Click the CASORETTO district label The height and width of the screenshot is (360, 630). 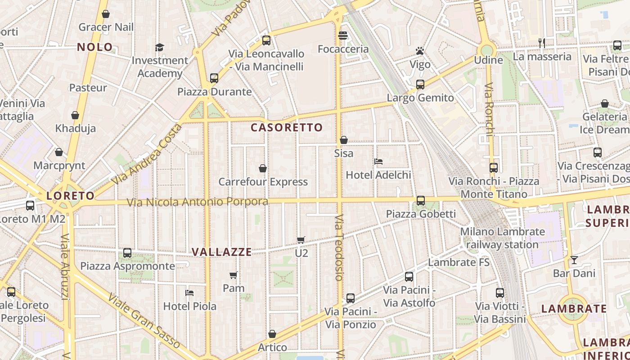click(x=287, y=127)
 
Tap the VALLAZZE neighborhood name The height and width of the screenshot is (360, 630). click(x=222, y=252)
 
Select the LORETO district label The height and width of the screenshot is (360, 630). click(x=71, y=196)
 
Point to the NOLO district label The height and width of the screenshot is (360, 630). click(x=95, y=47)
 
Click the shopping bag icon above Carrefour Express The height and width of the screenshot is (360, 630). click(x=263, y=168)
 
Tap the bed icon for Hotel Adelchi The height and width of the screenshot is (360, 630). click(x=378, y=162)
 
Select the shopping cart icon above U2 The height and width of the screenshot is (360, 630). click(x=301, y=240)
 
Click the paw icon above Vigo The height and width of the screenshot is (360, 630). click(x=420, y=51)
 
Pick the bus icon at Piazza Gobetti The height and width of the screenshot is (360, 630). click(x=421, y=200)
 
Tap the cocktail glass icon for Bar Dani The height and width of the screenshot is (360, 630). click(x=574, y=260)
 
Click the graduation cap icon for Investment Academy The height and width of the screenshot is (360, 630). click(x=159, y=47)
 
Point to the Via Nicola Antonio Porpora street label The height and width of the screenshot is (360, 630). click(x=198, y=202)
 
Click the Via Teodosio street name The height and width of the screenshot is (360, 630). click(x=339, y=247)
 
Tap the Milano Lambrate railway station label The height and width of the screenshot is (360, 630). click(x=502, y=238)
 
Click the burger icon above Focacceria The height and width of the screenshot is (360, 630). click(x=343, y=36)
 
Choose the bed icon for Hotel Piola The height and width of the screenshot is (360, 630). click(x=189, y=293)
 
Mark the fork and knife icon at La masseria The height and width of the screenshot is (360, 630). click(x=542, y=43)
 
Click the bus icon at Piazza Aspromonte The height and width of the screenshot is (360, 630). click(x=127, y=253)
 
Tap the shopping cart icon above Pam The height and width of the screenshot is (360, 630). click(x=233, y=275)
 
